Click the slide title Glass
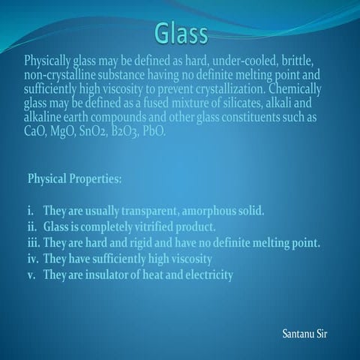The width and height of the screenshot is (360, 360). pyautogui.click(x=181, y=32)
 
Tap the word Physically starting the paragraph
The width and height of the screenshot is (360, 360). pyautogui.click(x=50, y=59)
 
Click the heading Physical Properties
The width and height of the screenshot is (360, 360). pyautogui.click(x=73, y=180)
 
